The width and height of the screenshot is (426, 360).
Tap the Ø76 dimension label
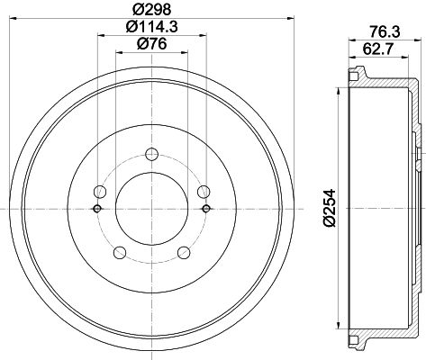(x=151, y=47)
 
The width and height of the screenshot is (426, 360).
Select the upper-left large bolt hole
(x=100, y=191)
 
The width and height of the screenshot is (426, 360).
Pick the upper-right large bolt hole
(x=204, y=191)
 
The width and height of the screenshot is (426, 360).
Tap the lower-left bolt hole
(x=119, y=253)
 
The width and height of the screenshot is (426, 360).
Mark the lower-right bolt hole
(x=184, y=253)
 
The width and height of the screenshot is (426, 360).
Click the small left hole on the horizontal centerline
(x=96, y=209)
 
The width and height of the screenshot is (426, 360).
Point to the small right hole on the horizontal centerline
(x=206, y=209)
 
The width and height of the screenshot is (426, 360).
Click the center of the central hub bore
(x=151, y=208)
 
